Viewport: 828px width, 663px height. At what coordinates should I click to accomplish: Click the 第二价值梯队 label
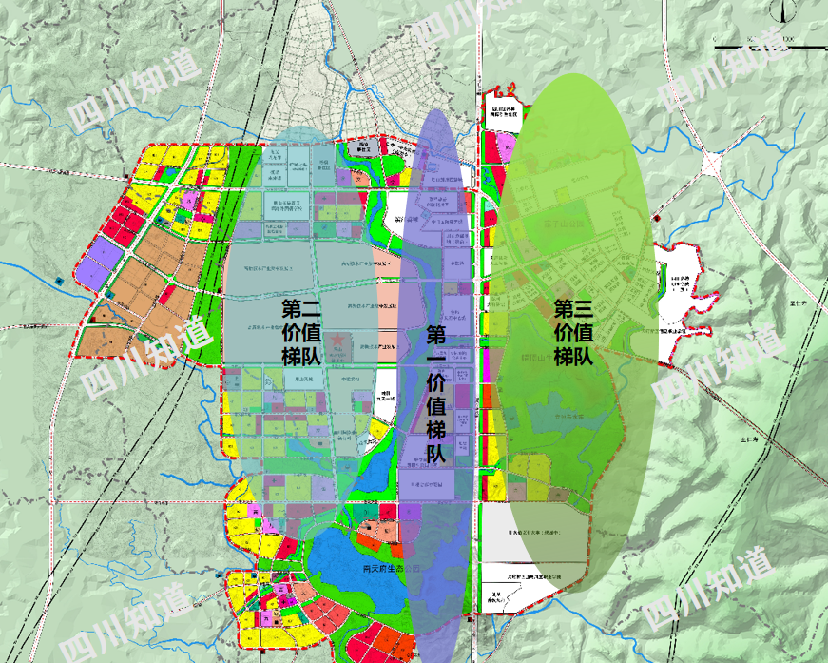(x=303, y=332)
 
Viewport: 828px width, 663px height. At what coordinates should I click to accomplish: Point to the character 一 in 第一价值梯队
(x=436, y=359)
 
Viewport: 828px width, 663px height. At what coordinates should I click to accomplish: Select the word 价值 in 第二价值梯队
(x=303, y=332)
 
